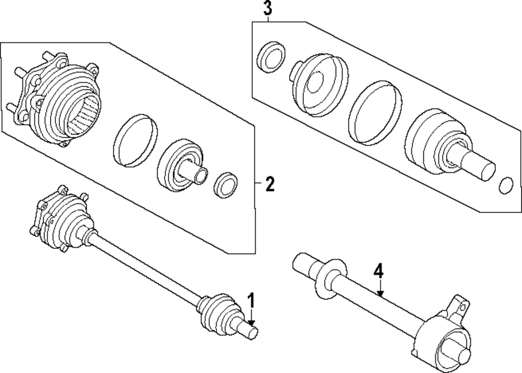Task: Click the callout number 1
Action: (251, 301)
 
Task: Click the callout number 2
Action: (269, 184)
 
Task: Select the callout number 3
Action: (267, 9)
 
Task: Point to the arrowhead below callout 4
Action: (381, 295)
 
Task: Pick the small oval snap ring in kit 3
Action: (506, 186)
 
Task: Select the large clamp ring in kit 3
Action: (375, 111)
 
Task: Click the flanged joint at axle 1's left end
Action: (57, 220)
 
